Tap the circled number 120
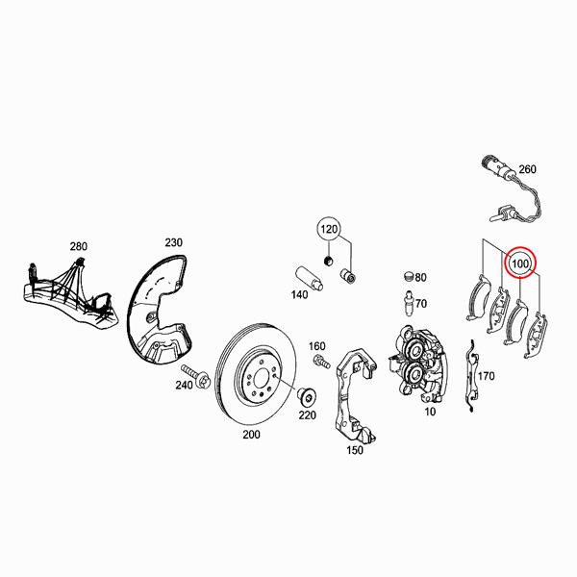pyautogui.click(x=331, y=231)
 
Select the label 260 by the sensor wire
pyautogui.click(x=527, y=170)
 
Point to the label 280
pyautogui.click(x=78, y=247)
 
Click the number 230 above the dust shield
pyautogui.click(x=173, y=241)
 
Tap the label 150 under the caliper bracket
pyautogui.click(x=355, y=450)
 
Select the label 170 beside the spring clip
pyautogui.click(x=486, y=376)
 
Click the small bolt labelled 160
pyautogui.click(x=319, y=363)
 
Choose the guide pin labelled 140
pyautogui.click(x=301, y=273)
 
